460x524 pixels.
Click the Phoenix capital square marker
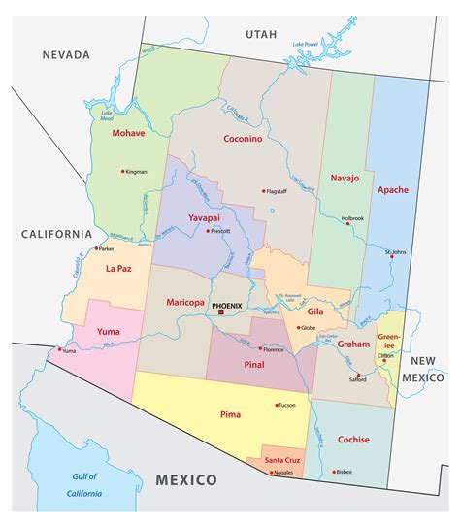(221, 312)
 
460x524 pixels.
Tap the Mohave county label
(127, 132)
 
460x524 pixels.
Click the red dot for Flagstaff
(262, 190)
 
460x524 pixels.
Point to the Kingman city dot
(122, 172)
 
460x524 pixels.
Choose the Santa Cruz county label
(282, 458)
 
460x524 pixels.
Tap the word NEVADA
(65, 55)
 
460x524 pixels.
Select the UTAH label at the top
(260, 34)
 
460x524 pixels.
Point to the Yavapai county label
(208, 218)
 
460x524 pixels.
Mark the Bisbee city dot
(334, 472)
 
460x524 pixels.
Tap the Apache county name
(393, 189)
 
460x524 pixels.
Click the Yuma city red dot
(60, 349)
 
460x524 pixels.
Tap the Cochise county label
(353, 440)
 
